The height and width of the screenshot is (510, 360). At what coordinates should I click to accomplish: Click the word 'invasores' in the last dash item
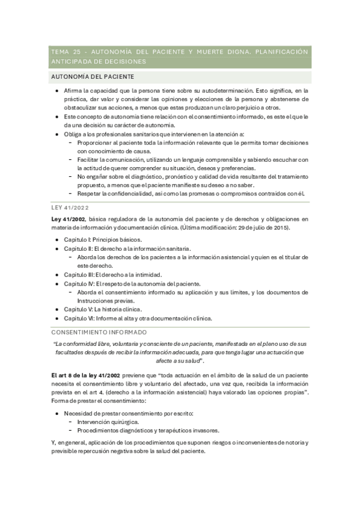pyautogui.click(x=186, y=430)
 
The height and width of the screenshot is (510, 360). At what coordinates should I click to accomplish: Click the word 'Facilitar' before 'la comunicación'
pyautogui.click(x=90, y=159)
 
